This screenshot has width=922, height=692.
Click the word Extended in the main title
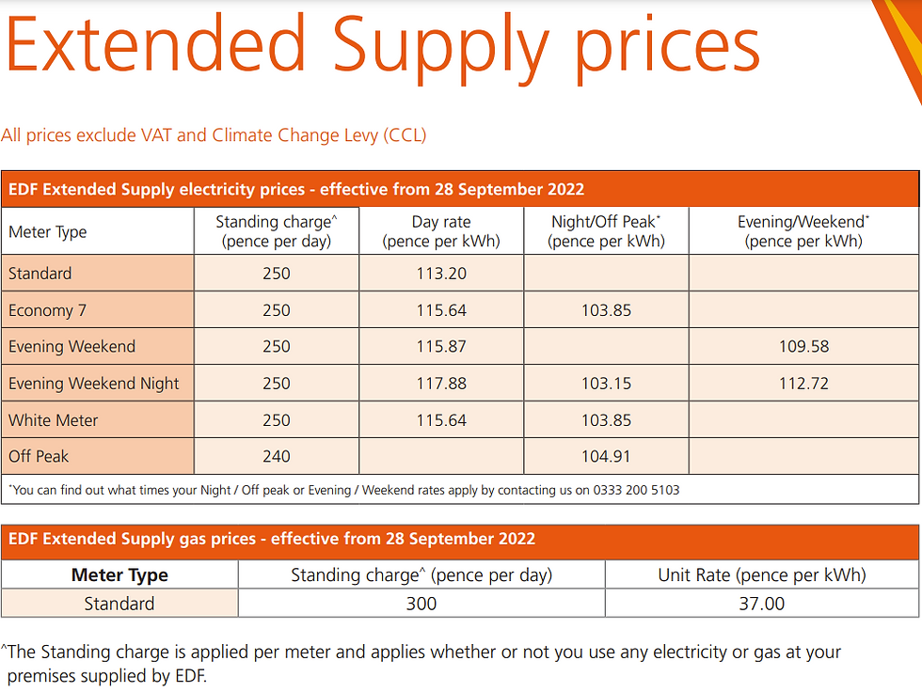155,44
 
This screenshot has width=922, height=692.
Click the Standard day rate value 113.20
441,274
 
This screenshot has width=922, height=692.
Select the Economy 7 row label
46,310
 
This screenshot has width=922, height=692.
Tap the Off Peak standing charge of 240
277,457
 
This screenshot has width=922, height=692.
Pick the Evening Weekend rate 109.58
803,347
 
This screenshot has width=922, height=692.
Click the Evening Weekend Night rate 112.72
803,384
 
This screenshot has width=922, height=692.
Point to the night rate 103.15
606,384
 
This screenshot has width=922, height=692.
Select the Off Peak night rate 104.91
606,457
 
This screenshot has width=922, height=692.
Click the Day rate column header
441,231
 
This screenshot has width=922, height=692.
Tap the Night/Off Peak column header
606,231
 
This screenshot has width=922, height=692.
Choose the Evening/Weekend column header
803,231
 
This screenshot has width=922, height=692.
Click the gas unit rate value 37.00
761,604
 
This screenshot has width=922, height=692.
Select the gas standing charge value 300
421,604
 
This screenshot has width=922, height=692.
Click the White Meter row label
54,420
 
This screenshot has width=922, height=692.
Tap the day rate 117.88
441,384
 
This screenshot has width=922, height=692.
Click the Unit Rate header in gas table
761,575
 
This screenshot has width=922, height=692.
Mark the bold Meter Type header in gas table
119,575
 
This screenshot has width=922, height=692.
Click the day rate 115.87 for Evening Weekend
441,347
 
